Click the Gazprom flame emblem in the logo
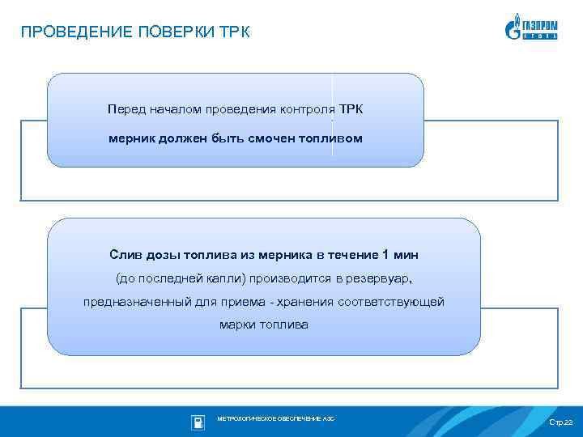(513, 28)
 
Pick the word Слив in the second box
(126, 255)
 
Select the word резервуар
(377, 279)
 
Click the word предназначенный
(131, 302)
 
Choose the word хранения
(310, 302)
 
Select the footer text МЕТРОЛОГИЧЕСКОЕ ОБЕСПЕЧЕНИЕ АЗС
(275, 419)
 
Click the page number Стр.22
(560, 423)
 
